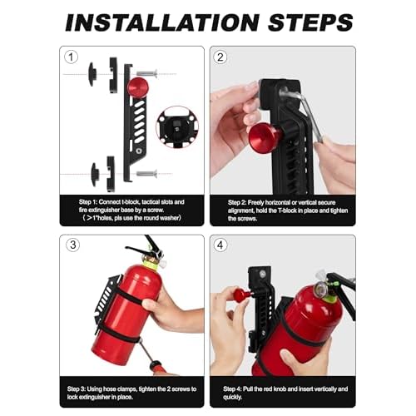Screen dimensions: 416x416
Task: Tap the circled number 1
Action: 72,58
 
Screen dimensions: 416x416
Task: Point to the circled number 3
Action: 72,246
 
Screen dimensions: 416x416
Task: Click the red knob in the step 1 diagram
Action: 138,87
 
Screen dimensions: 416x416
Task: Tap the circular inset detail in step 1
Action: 176,126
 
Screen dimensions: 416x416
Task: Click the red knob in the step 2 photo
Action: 265,137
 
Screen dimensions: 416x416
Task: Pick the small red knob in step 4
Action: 240,294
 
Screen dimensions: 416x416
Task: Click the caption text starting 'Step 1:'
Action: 133,207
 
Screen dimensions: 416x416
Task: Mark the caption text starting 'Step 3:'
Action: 133,393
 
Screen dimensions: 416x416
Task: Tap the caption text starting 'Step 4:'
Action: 283,393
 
